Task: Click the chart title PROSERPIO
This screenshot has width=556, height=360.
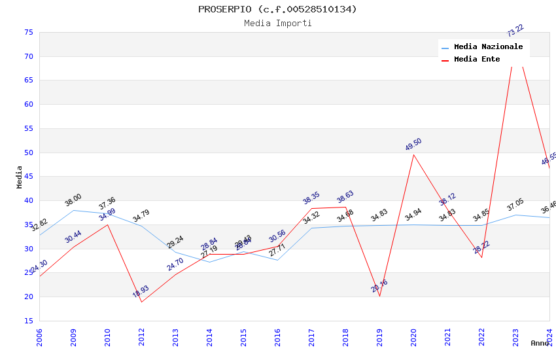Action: (x=277, y=9)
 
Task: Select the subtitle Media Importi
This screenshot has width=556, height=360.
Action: (x=277, y=24)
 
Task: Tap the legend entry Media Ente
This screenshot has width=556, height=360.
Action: (x=477, y=59)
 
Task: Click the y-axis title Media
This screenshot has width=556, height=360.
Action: (x=19, y=177)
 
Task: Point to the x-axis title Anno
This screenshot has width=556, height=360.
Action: (x=540, y=343)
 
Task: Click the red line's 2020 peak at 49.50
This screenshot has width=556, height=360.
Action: (x=413, y=154)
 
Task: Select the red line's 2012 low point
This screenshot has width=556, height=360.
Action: (x=141, y=302)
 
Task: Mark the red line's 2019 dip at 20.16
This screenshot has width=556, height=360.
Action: (x=379, y=296)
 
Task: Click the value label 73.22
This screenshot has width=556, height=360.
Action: (x=515, y=30)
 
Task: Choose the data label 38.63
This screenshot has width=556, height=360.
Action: (x=345, y=196)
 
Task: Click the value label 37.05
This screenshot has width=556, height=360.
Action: (x=515, y=206)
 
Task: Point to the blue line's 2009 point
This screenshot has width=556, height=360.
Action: (x=73, y=210)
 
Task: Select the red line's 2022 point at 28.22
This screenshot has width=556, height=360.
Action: (x=481, y=257)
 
